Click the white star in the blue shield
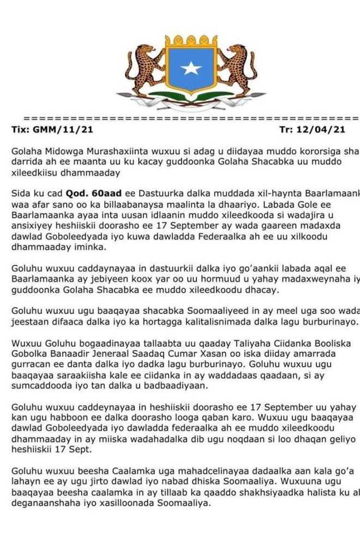tap(191, 68)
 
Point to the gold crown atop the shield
tap(191, 40)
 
